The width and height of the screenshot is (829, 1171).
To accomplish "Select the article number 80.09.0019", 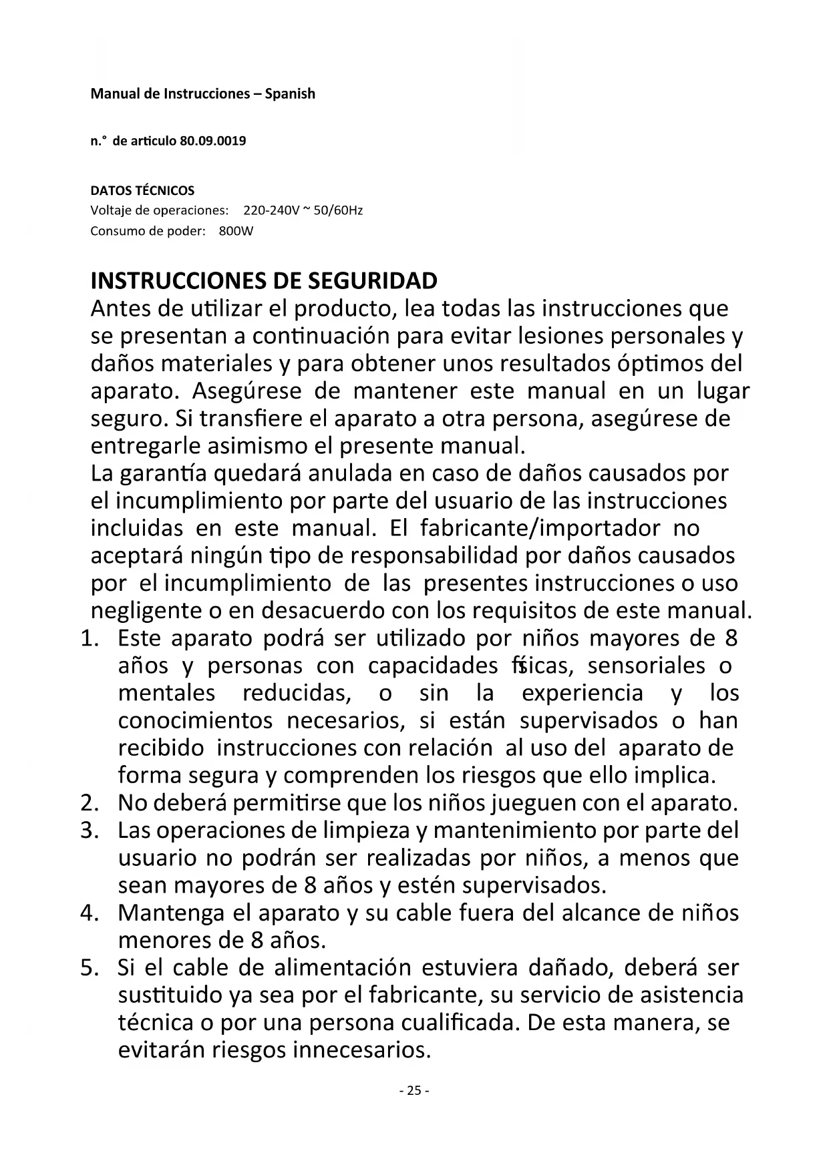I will point(213,142).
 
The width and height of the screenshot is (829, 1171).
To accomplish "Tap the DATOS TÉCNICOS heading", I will point(142,190).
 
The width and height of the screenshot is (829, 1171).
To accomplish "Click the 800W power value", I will point(236,232).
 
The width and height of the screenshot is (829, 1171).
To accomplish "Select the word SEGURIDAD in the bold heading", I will point(372,280).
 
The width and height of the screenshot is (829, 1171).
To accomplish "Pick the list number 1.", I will point(89,638).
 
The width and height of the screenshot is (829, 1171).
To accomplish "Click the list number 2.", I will point(89,802).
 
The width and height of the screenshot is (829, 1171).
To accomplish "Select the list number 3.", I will point(89,831).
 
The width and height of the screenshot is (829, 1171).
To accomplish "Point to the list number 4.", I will point(89,913).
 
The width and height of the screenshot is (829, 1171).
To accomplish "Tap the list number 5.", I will point(89,967).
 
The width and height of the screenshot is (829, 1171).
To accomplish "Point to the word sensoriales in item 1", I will point(646,666).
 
